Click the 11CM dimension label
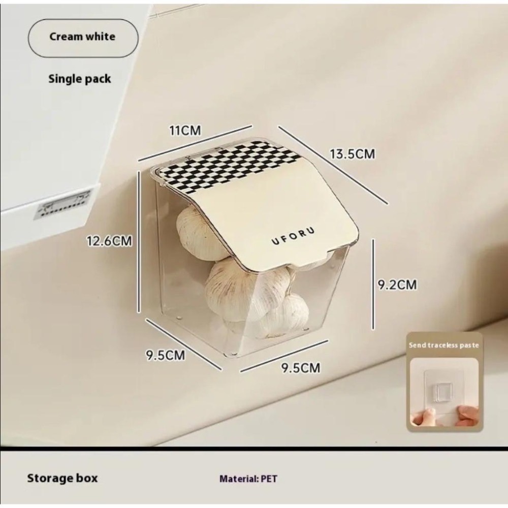(185, 131)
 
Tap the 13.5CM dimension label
(353, 153)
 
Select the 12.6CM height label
(110, 241)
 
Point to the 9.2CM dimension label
(398, 284)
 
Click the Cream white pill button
(83, 38)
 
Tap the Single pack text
(80, 79)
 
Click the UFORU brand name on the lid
(293, 236)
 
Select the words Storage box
(62, 478)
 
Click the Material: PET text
(248, 479)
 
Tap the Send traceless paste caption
(443, 345)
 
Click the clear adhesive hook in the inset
(443, 391)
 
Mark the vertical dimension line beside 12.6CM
(139, 242)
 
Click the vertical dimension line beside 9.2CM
(373, 284)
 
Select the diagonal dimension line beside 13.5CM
(333, 165)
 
